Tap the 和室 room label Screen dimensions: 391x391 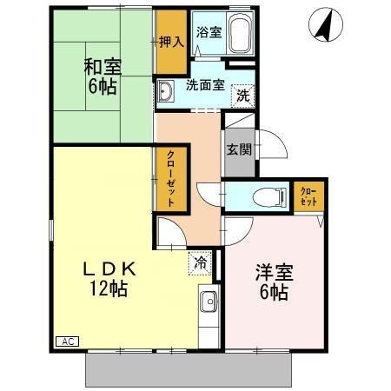pyautogui.click(x=102, y=66)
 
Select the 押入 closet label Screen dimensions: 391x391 pyautogui.click(x=171, y=43)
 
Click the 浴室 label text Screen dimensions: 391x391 pyautogui.click(x=208, y=33)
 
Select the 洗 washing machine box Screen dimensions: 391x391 pyautogui.click(x=243, y=94)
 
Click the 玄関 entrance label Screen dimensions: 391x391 pyautogui.click(x=239, y=149)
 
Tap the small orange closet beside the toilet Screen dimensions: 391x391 pyautogui.click(x=308, y=195)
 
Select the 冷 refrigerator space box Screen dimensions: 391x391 pyautogui.click(x=202, y=261)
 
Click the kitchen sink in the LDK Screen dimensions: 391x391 pyautogui.click(x=209, y=305)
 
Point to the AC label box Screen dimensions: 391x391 pyautogui.click(x=66, y=341)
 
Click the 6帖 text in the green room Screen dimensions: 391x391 pyautogui.click(x=102, y=87)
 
